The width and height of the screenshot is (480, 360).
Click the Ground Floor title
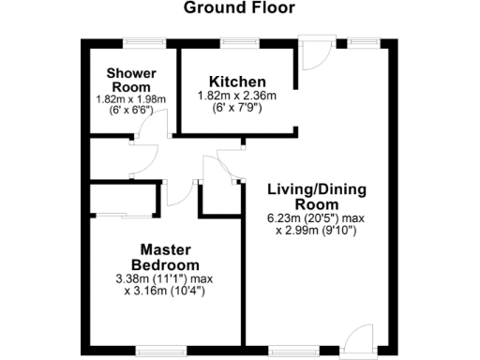[239, 8]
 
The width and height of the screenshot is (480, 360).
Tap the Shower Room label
[130, 80]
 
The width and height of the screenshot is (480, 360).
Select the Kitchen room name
[237, 82]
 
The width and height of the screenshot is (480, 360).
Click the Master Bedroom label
[165, 257]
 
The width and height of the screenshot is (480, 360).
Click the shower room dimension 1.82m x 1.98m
[130, 98]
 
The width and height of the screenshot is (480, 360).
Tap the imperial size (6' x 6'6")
[130, 110]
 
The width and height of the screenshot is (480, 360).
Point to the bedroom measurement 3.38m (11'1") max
[165, 278]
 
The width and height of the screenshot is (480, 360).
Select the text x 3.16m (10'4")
[165, 291]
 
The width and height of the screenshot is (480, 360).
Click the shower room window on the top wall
[140, 43]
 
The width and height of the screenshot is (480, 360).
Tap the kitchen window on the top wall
[235, 43]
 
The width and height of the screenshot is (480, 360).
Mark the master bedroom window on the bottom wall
[155, 352]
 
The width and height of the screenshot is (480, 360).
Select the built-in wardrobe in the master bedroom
[124, 202]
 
